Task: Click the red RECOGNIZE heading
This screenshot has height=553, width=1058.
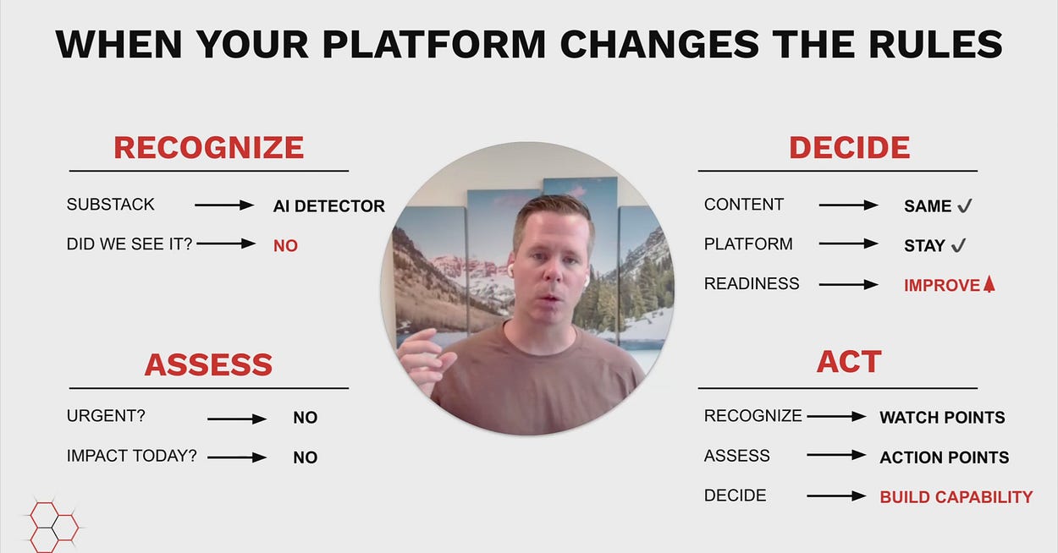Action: (x=209, y=148)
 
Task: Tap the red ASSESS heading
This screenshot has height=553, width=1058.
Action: (x=209, y=364)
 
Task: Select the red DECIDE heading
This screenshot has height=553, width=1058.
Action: (x=849, y=148)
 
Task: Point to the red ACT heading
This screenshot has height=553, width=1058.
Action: (x=849, y=362)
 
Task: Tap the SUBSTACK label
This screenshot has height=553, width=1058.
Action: (x=111, y=205)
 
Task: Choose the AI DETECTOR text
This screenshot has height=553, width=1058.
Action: (x=328, y=206)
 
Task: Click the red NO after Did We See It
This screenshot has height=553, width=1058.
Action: (x=285, y=246)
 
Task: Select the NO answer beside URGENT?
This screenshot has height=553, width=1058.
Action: (x=305, y=418)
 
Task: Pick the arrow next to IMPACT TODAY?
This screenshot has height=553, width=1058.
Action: (x=237, y=457)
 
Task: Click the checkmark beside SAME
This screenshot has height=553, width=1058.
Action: (x=965, y=205)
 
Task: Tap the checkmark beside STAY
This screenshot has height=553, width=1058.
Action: (x=958, y=245)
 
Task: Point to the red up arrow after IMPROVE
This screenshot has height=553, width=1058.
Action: (x=989, y=284)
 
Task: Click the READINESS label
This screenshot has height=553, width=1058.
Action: (x=752, y=283)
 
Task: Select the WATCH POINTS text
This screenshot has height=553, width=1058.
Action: (x=942, y=418)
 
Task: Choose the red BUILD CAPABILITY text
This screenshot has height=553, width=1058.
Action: (x=956, y=497)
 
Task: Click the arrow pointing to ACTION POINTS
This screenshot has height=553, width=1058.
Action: (x=836, y=455)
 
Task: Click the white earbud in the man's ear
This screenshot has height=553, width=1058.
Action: (x=511, y=270)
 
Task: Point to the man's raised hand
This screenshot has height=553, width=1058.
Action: (x=425, y=359)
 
